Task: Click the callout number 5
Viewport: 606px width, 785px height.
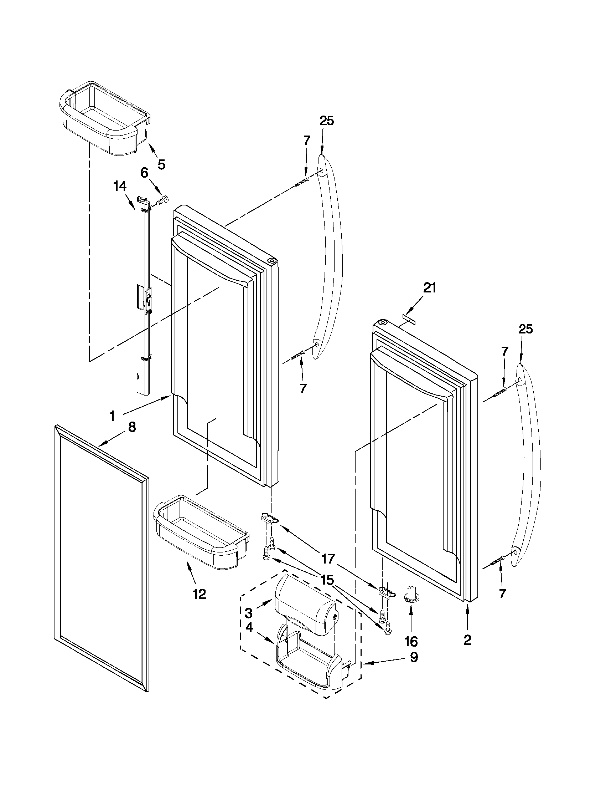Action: pyautogui.click(x=161, y=164)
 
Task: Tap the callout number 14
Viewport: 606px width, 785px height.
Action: pyautogui.click(x=120, y=186)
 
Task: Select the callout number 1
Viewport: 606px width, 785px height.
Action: pyautogui.click(x=112, y=416)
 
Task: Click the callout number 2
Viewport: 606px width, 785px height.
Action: pyautogui.click(x=467, y=640)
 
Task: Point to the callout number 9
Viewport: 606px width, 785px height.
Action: pyautogui.click(x=414, y=657)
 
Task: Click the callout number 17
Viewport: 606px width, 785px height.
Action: pyautogui.click(x=328, y=559)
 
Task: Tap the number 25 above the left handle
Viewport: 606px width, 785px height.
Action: pyautogui.click(x=327, y=121)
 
